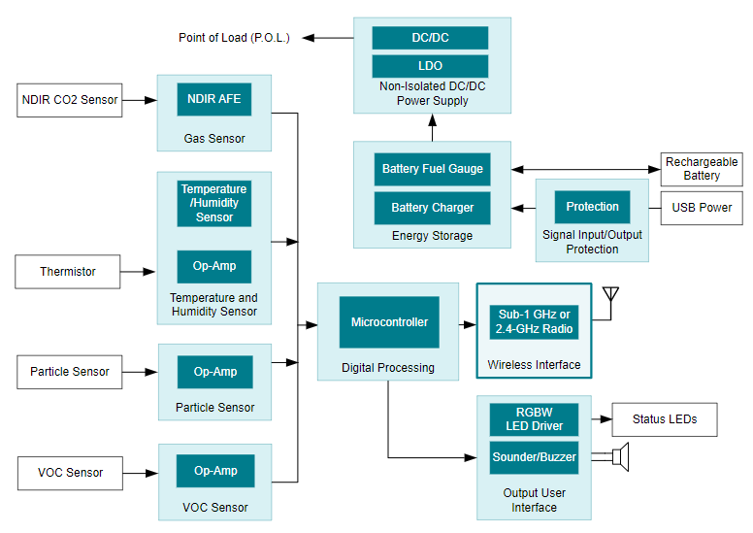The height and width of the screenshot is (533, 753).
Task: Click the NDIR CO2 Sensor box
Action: point(70,100)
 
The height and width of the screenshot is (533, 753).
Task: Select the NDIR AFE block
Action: point(214,99)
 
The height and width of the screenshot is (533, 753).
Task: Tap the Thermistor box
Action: point(68,271)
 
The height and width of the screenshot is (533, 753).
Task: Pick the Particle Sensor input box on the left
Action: point(70,372)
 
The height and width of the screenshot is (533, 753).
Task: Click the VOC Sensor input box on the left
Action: point(70,473)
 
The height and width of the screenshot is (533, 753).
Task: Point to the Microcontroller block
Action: point(389,322)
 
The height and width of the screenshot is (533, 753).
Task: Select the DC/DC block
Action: point(430,38)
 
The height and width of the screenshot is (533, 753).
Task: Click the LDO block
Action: point(430,66)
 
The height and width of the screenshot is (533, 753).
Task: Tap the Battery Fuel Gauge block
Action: point(432,169)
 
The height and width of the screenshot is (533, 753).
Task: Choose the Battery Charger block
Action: point(432,208)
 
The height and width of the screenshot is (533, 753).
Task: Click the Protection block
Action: point(592,207)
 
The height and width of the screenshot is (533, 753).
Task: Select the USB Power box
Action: point(702,207)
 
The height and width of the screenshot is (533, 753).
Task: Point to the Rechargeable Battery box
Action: point(702,169)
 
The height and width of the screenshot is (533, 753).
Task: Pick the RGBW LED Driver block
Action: point(534,419)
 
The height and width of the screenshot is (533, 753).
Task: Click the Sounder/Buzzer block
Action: point(534,457)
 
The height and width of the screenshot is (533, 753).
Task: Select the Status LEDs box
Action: point(665,419)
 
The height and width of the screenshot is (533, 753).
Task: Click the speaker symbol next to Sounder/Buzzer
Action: point(622,457)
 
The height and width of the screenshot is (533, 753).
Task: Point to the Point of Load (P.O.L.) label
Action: point(234,38)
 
